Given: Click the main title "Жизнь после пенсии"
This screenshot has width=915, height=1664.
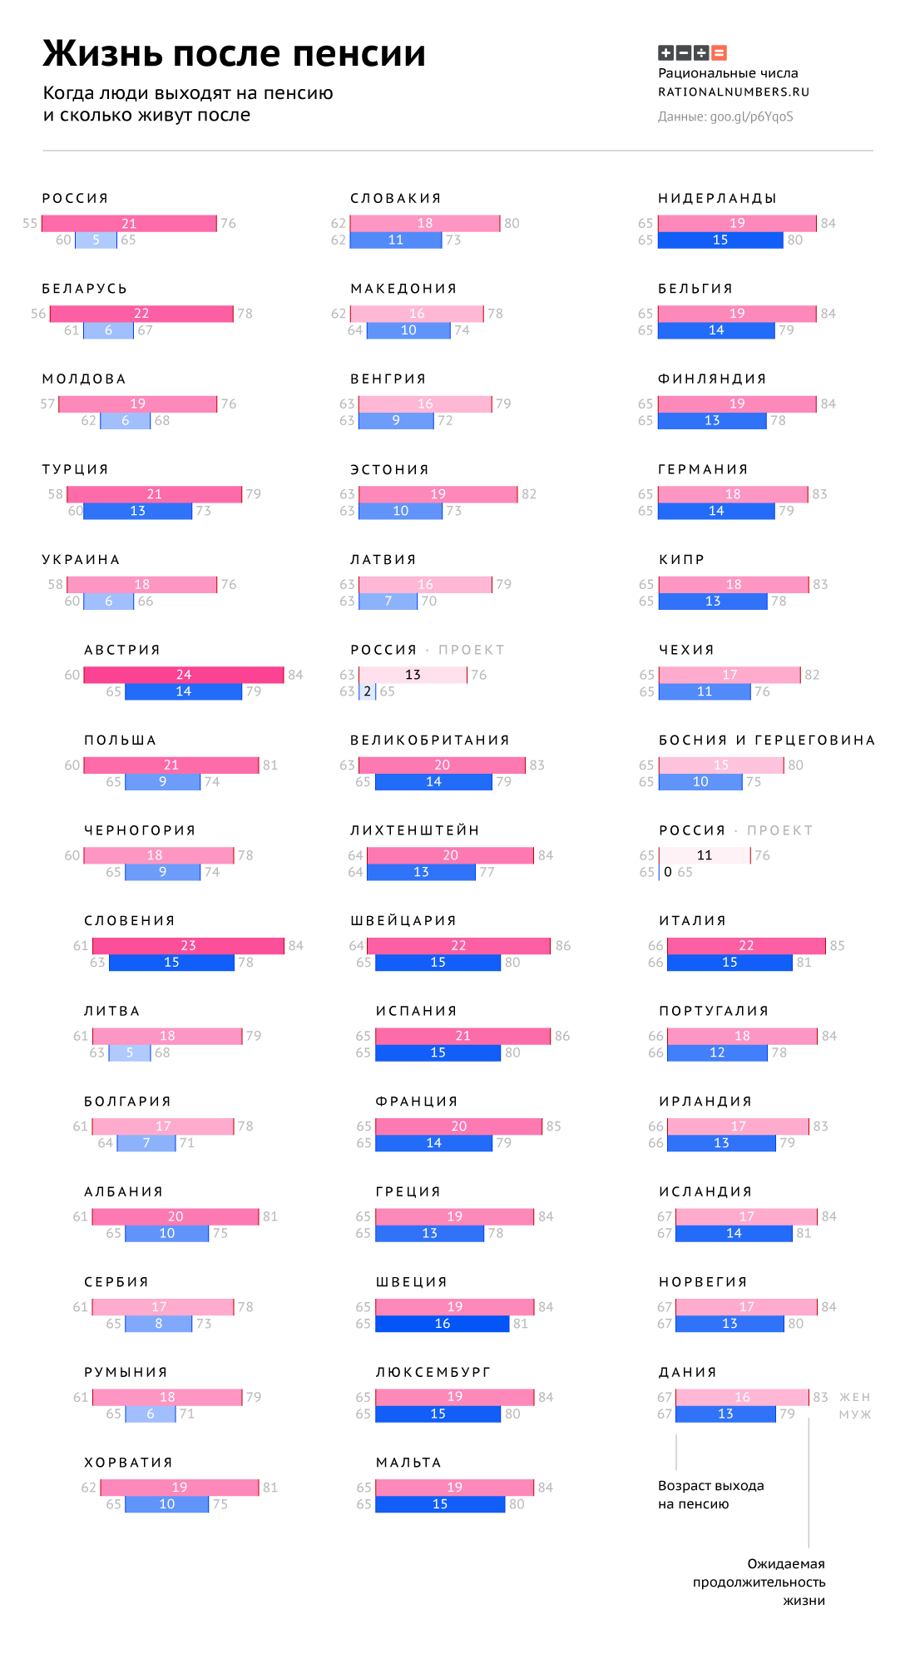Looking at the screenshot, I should coord(234,54).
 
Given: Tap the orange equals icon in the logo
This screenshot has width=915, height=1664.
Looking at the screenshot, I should coord(720,53).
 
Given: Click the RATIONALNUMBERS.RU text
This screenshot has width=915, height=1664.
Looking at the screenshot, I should coord(733,92).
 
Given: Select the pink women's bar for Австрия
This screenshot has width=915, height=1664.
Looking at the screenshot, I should coord(184,675).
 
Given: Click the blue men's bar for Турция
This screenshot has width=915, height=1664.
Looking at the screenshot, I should coord(137,511).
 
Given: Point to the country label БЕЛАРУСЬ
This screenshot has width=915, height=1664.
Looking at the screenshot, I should coord(85,289).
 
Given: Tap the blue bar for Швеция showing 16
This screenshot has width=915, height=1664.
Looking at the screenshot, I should coord(442,1324).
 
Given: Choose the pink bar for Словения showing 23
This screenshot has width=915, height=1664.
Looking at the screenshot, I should coord(188,946).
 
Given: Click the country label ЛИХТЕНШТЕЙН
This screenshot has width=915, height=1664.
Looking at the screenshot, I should coord(414,830).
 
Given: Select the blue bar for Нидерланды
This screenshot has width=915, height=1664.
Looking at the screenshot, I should coord(720,240).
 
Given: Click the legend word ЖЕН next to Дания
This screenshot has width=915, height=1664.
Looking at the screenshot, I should coord(854,1397).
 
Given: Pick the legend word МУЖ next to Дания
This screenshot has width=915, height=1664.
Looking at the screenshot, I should coord(854,1414).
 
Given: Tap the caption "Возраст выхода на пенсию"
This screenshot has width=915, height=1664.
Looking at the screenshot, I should coord(710,1494).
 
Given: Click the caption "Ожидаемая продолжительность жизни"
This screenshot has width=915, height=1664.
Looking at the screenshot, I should coord(759,1582).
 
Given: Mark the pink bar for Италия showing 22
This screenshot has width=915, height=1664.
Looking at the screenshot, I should coord(746,946).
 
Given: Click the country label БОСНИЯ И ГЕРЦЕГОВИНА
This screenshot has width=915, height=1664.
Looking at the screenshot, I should coord(766,740).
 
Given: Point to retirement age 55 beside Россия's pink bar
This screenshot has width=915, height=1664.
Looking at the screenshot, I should coord(30,224).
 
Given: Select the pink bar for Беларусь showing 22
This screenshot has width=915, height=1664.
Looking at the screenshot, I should coord(141,314).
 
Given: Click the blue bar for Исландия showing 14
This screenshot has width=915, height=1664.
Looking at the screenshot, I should coord(734,1233).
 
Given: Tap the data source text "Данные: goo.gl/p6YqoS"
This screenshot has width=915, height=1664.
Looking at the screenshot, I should coord(725,116).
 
